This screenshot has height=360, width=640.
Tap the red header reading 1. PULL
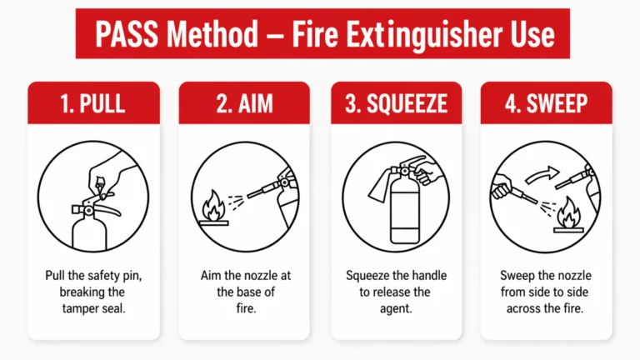click(x=93, y=103)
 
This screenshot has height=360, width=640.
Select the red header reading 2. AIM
click(x=245, y=103)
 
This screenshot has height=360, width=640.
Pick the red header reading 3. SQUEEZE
click(x=396, y=103)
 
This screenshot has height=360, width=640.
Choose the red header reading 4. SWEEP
click(x=546, y=103)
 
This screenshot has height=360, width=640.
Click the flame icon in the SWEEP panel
click(x=569, y=212)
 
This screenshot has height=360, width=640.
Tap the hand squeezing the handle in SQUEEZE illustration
click(x=431, y=176)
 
